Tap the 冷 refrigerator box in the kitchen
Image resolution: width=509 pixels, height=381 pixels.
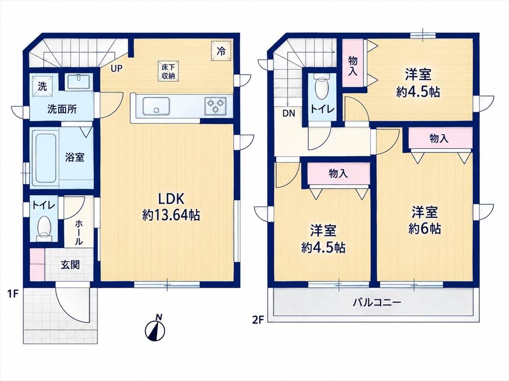click(x=221, y=51)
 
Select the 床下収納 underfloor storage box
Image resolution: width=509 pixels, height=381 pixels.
click(x=168, y=71)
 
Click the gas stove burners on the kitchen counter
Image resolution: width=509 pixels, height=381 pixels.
click(x=216, y=106)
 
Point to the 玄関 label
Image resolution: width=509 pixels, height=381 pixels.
click(x=70, y=265)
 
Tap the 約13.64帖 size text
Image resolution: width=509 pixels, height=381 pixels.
click(x=171, y=215)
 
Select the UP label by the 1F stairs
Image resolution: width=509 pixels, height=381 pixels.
click(x=117, y=69)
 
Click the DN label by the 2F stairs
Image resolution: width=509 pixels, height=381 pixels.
click(x=289, y=113)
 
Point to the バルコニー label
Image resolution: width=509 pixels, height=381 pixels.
click(x=377, y=303)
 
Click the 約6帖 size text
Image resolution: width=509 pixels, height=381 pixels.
click(x=425, y=229)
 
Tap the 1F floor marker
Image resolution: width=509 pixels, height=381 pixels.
click(x=13, y=294)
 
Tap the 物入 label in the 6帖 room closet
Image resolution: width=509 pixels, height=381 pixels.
click(x=439, y=139)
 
